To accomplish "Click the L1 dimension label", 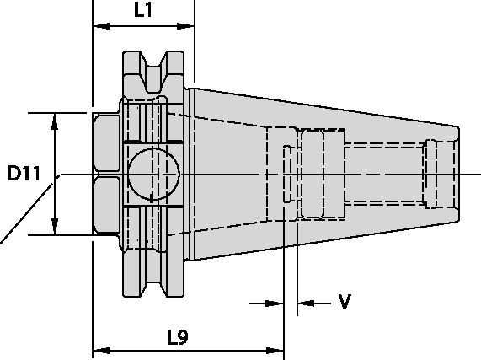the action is coord(143,10).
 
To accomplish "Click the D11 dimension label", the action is coord(24,173).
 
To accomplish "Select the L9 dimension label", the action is coord(178,337).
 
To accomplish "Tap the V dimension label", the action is coord(345,302).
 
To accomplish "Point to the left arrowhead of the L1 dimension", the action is coord(101,26).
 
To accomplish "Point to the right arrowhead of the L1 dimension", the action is coord(185,26).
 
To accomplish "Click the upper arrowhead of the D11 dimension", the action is coord(55,122).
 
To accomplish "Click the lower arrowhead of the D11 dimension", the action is coord(55,226).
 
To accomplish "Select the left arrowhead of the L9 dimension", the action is coord(101,350).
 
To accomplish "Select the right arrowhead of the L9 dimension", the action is coord(275,350).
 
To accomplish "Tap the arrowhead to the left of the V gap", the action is coord(275,304).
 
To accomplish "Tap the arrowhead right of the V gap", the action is coord(306,304).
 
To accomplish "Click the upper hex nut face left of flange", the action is coord(106,142).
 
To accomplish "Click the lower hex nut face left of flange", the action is coord(106,205).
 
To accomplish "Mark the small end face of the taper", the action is coord(457,174).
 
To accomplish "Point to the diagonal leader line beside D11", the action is coord(26,213).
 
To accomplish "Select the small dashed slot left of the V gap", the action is coord(287,174).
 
